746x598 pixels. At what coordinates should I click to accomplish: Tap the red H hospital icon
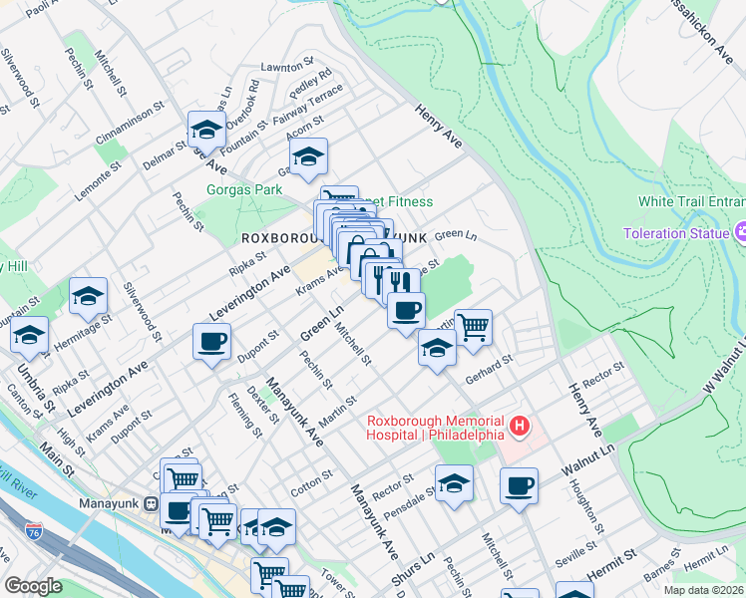pos(519,427)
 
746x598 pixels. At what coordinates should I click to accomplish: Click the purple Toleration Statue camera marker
pos(742,233)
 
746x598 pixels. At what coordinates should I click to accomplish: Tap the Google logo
pos(33,586)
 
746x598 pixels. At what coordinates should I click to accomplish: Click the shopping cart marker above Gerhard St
pos(474,325)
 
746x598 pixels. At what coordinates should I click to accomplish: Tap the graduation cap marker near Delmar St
pos(206,129)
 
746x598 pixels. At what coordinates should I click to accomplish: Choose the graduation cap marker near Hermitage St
pos(88,295)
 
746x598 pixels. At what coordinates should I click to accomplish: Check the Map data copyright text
pos(703,590)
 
